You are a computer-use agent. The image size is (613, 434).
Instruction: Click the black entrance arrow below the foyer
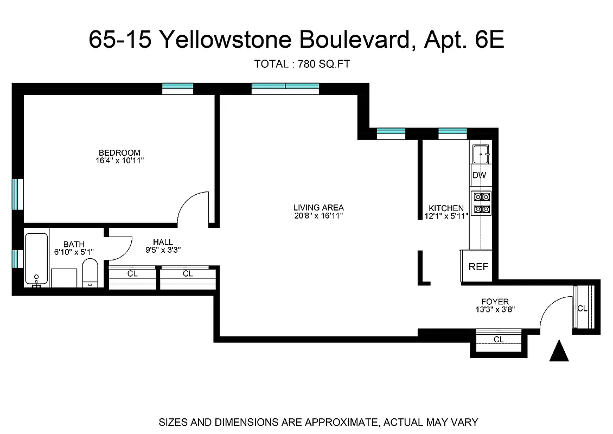tap(559, 351)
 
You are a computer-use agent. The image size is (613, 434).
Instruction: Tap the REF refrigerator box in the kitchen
tap(478, 266)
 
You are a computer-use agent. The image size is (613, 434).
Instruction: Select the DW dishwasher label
tap(479, 175)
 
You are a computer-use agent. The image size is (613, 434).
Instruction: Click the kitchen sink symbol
tap(481, 155)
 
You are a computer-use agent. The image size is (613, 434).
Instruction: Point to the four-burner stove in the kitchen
tap(482, 203)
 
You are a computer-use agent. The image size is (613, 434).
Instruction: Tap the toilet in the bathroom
tap(90, 272)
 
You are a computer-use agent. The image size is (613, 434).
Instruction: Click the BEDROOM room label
tap(119, 152)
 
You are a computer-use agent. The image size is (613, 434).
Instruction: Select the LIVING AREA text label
tap(318, 207)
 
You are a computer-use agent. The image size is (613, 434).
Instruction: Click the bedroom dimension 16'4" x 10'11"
tap(119, 161)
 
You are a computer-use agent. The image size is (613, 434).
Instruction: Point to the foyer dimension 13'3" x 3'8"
tap(495, 310)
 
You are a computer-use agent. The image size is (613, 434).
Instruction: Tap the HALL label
tap(163, 242)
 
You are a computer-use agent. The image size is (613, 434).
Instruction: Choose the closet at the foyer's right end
tap(584, 308)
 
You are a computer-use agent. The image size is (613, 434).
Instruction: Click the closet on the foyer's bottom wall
tap(498, 339)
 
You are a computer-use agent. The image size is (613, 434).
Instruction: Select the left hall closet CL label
tap(132, 274)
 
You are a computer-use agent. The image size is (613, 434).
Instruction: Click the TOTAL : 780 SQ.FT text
tap(302, 64)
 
